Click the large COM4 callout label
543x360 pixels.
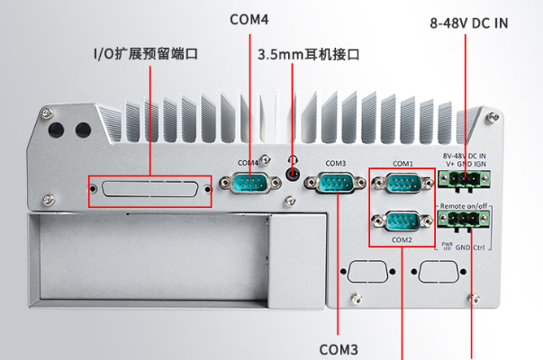(249, 19)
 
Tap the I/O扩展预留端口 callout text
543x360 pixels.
(145, 54)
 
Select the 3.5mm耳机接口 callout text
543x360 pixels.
(309, 54)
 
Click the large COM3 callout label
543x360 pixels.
(339, 347)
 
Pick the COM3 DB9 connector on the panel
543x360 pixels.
(336, 183)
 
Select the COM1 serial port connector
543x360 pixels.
(402, 184)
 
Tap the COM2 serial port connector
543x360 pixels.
(402, 221)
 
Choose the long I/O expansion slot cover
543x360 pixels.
(149, 190)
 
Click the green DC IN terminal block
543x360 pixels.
(465, 180)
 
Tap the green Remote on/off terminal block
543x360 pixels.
(465, 220)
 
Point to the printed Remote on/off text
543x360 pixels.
(465, 207)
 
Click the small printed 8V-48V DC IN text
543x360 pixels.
(466, 156)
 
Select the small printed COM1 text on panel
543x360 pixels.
(402, 164)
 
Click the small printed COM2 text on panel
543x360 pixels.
(402, 240)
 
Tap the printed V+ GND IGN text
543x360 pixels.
(466, 165)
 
